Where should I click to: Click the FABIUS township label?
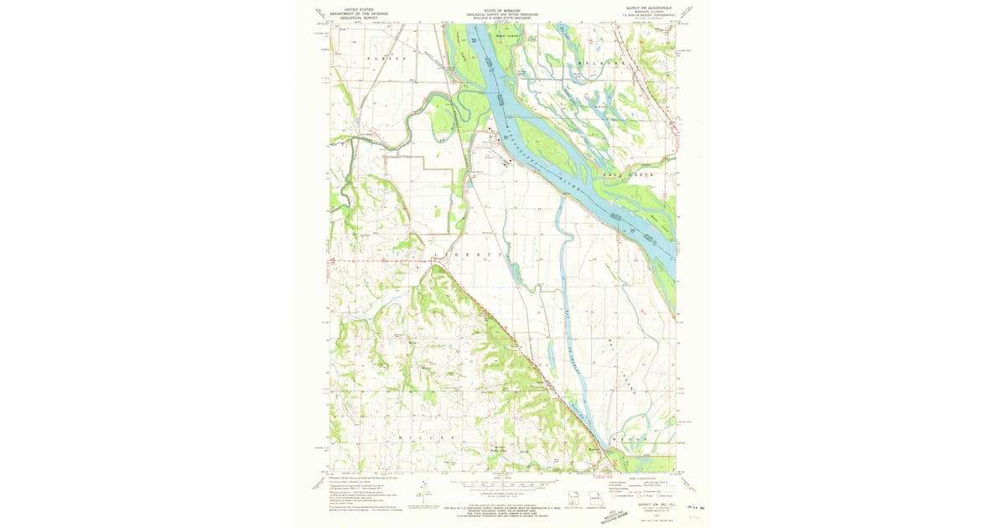[386, 59]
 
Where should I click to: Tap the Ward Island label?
[507, 36]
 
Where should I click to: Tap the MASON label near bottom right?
[635, 437]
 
